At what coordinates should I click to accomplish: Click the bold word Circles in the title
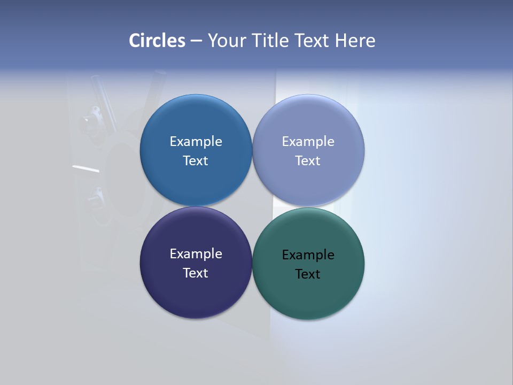[x=157, y=41]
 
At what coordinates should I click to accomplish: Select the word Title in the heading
[x=272, y=41]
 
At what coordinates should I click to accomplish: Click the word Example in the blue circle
[x=196, y=142]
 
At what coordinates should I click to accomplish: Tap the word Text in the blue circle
[x=196, y=161]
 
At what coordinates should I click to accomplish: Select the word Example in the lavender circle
[x=308, y=142]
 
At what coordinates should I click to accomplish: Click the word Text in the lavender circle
[x=308, y=161]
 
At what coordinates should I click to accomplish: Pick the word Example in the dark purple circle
[x=196, y=254]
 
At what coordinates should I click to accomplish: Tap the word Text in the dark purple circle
[x=196, y=273]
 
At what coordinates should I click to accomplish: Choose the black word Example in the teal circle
[x=308, y=255]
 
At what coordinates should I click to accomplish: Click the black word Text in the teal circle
[x=308, y=274]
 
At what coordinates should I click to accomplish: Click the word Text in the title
[x=313, y=41]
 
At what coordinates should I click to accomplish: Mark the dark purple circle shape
[x=196, y=297]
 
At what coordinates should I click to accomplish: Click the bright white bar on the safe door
[x=85, y=169]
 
